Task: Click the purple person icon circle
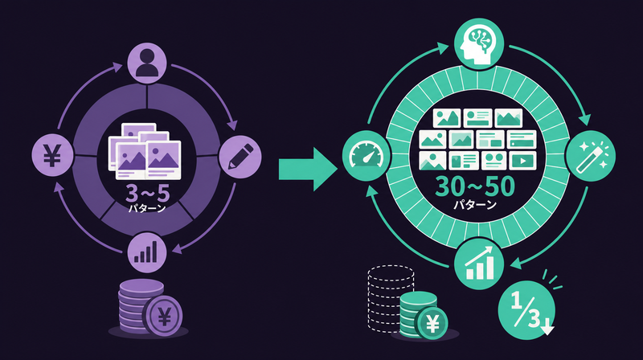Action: [x=147, y=63]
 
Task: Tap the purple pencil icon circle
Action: [x=240, y=157]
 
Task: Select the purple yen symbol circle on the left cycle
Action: [x=53, y=155]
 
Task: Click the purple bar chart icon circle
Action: [x=147, y=252]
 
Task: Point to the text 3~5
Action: [x=147, y=193]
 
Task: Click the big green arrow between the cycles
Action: [x=308, y=169]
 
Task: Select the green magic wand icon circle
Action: [x=591, y=156]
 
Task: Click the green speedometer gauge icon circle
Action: [x=367, y=156]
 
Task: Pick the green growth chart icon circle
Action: [x=479, y=264]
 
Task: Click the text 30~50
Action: [x=474, y=186]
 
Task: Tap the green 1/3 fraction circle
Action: [x=526, y=310]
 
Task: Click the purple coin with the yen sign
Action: [x=164, y=316]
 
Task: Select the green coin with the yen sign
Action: [x=432, y=324]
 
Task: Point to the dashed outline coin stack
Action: [x=391, y=297]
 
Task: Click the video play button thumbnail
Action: [x=522, y=161]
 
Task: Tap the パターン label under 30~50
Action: [x=475, y=205]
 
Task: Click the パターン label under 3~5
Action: [x=147, y=208]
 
